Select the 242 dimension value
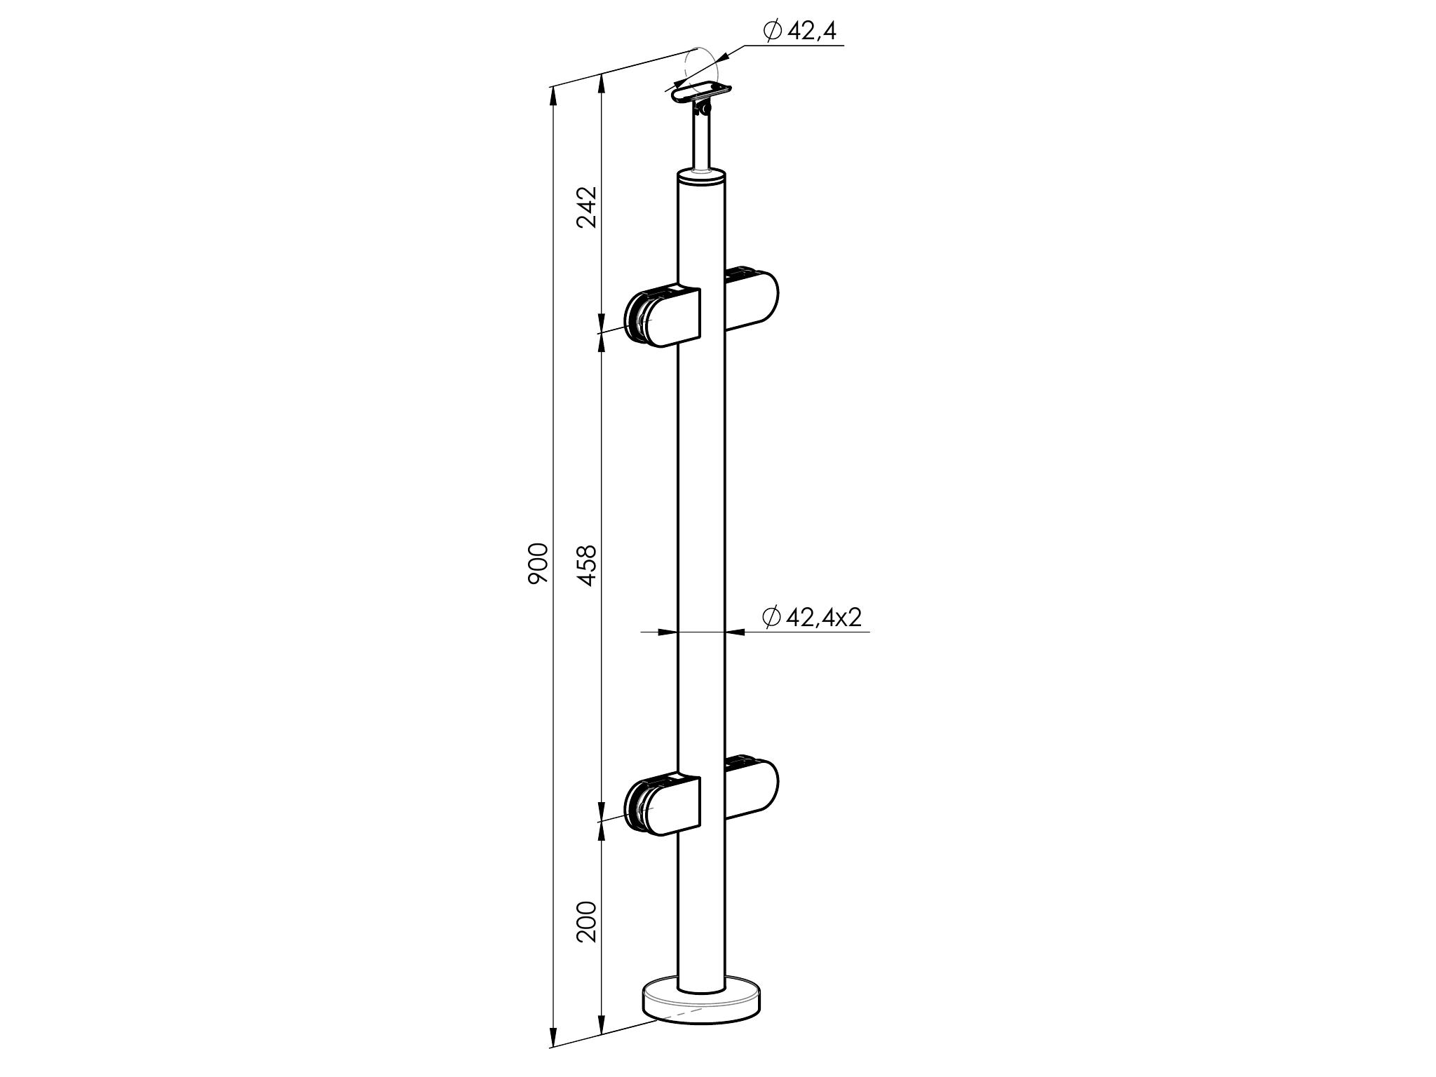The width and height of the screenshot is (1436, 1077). [586, 207]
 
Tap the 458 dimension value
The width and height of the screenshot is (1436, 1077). [586, 565]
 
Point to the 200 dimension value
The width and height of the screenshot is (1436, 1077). [586, 921]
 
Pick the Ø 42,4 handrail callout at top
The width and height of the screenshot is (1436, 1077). [799, 32]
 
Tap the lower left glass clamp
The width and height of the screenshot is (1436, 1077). [663, 806]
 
